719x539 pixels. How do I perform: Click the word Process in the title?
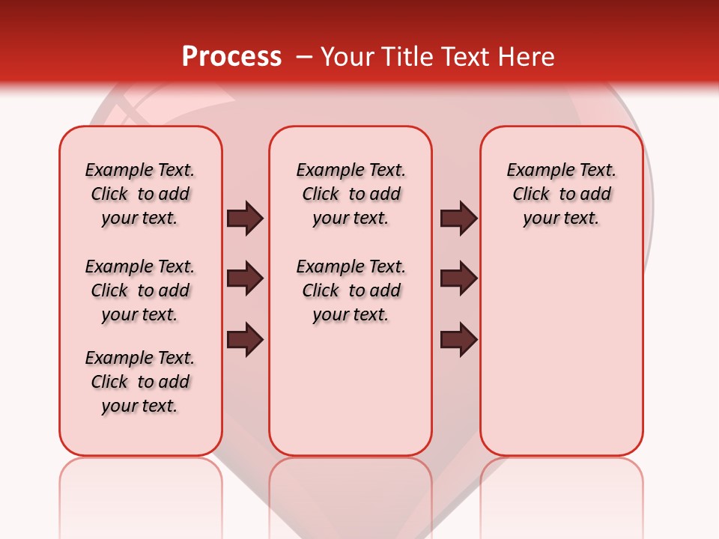[x=231, y=57]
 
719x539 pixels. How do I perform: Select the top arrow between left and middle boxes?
[x=245, y=218]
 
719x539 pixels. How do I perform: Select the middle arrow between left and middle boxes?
[x=245, y=278]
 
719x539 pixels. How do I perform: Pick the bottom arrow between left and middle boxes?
[x=245, y=339]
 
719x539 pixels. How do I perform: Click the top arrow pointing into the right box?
[x=458, y=218]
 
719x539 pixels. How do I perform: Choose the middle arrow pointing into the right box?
[x=458, y=278]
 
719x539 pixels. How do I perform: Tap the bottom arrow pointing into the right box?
[x=458, y=339]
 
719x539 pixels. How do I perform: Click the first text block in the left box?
[x=140, y=194]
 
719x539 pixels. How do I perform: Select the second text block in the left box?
[x=140, y=290]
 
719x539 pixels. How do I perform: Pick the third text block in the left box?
[x=140, y=382]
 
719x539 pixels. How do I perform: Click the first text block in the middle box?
[x=351, y=194]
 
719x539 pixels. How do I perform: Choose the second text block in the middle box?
[x=351, y=290]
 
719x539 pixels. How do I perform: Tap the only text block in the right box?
[x=561, y=194]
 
